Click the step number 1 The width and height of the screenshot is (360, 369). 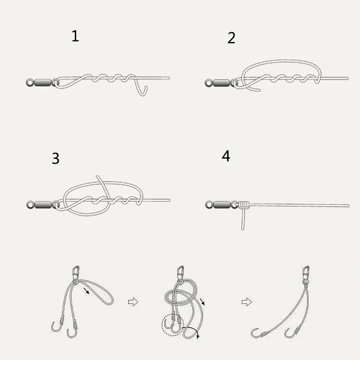(x=75, y=36)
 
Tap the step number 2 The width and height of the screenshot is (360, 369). (x=231, y=38)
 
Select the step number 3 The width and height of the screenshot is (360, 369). (x=56, y=158)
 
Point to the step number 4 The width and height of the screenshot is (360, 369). (x=226, y=156)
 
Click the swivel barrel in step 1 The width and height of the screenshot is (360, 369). (x=42, y=83)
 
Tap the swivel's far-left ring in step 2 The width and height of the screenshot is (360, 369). (x=208, y=83)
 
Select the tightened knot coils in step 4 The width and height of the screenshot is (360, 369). (x=244, y=205)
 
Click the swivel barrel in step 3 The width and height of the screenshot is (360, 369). (x=43, y=205)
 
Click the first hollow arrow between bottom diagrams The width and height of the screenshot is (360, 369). (x=133, y=302)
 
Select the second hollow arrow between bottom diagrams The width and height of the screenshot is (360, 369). (x=247, y=302)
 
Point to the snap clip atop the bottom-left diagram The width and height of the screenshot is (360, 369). (x=75, y=272)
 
